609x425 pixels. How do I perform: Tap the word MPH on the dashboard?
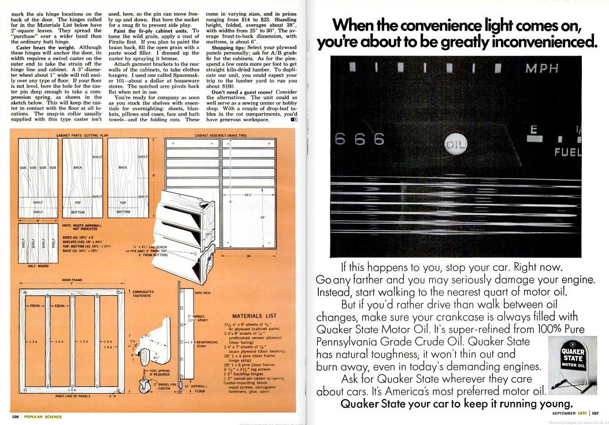point(541,69)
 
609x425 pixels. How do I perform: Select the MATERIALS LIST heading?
point(255,316)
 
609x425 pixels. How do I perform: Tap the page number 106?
point(16,416)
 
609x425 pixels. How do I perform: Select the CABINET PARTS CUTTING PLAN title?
point(83,135)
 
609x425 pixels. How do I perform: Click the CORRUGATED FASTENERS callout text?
point(143,294)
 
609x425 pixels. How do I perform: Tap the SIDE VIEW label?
point(203,293)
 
